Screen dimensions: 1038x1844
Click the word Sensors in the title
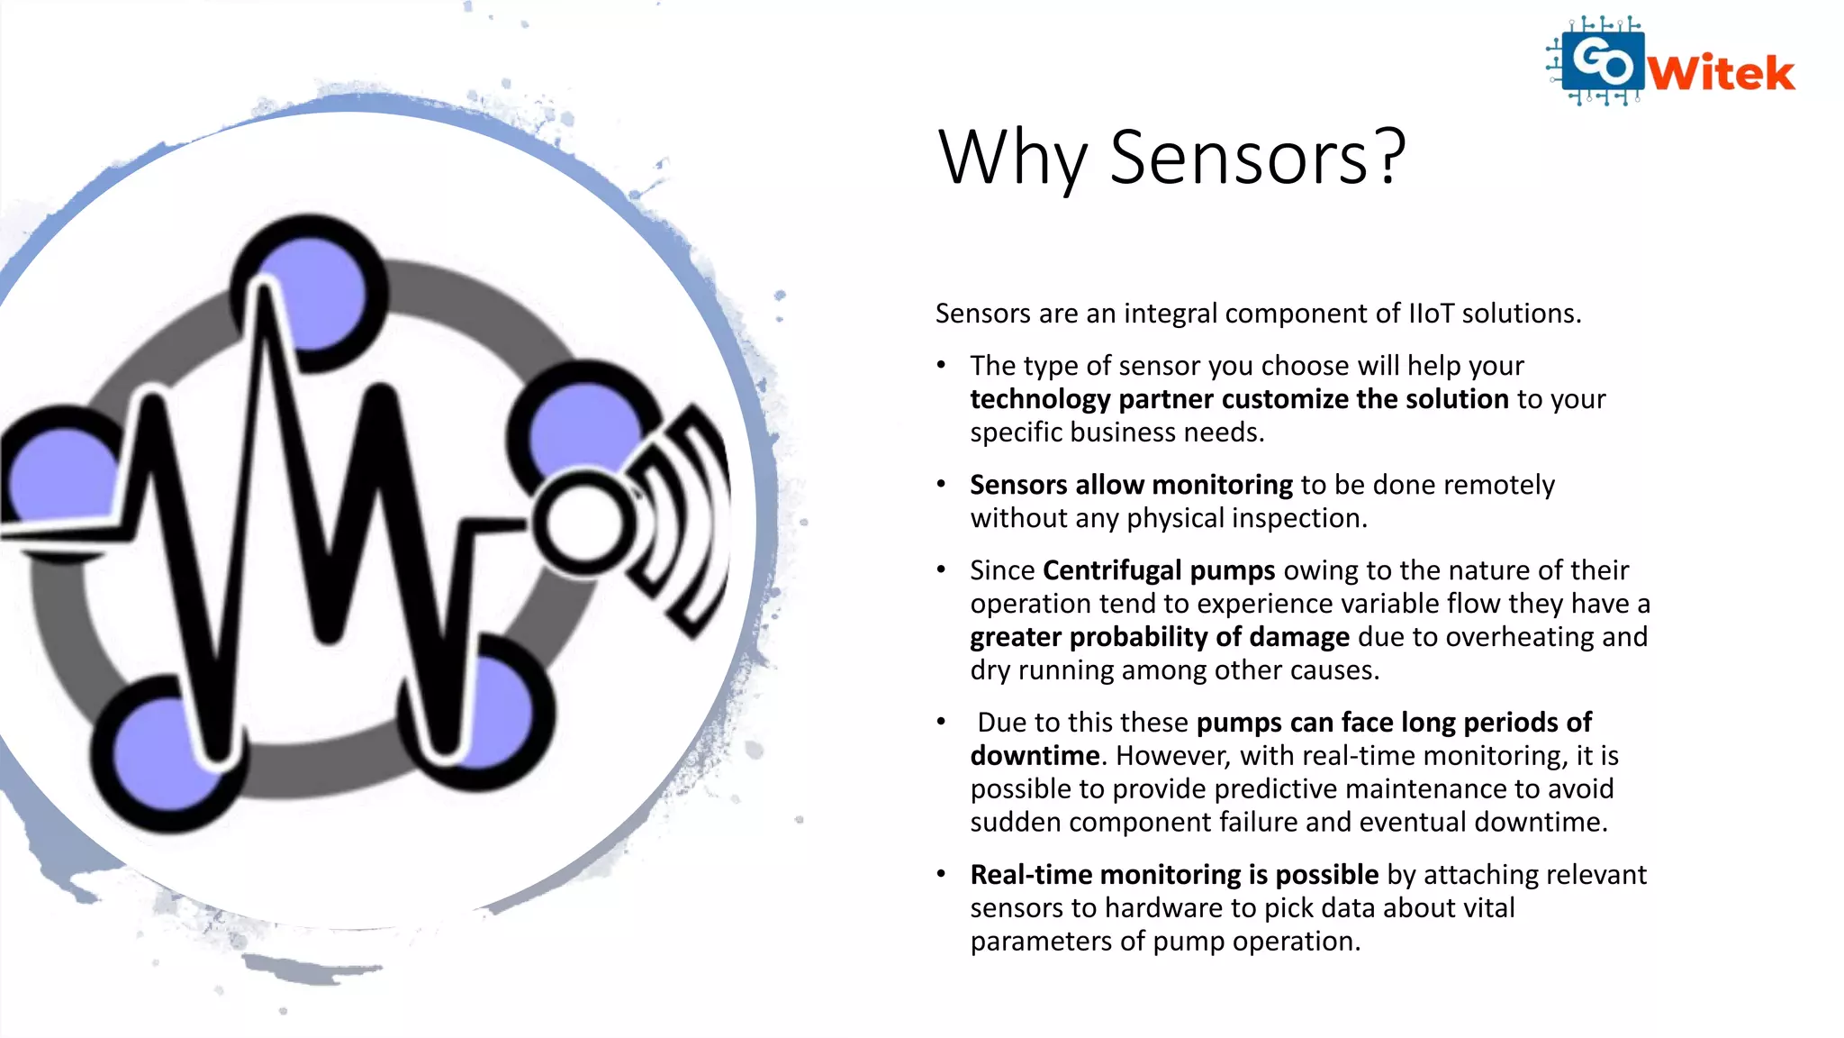(1239, 158)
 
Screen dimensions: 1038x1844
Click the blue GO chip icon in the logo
(1603, 61)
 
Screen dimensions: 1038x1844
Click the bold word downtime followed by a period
(1035, 755)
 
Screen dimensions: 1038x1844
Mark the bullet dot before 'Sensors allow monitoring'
(941, 485)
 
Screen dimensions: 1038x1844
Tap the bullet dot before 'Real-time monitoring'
(941, 874)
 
